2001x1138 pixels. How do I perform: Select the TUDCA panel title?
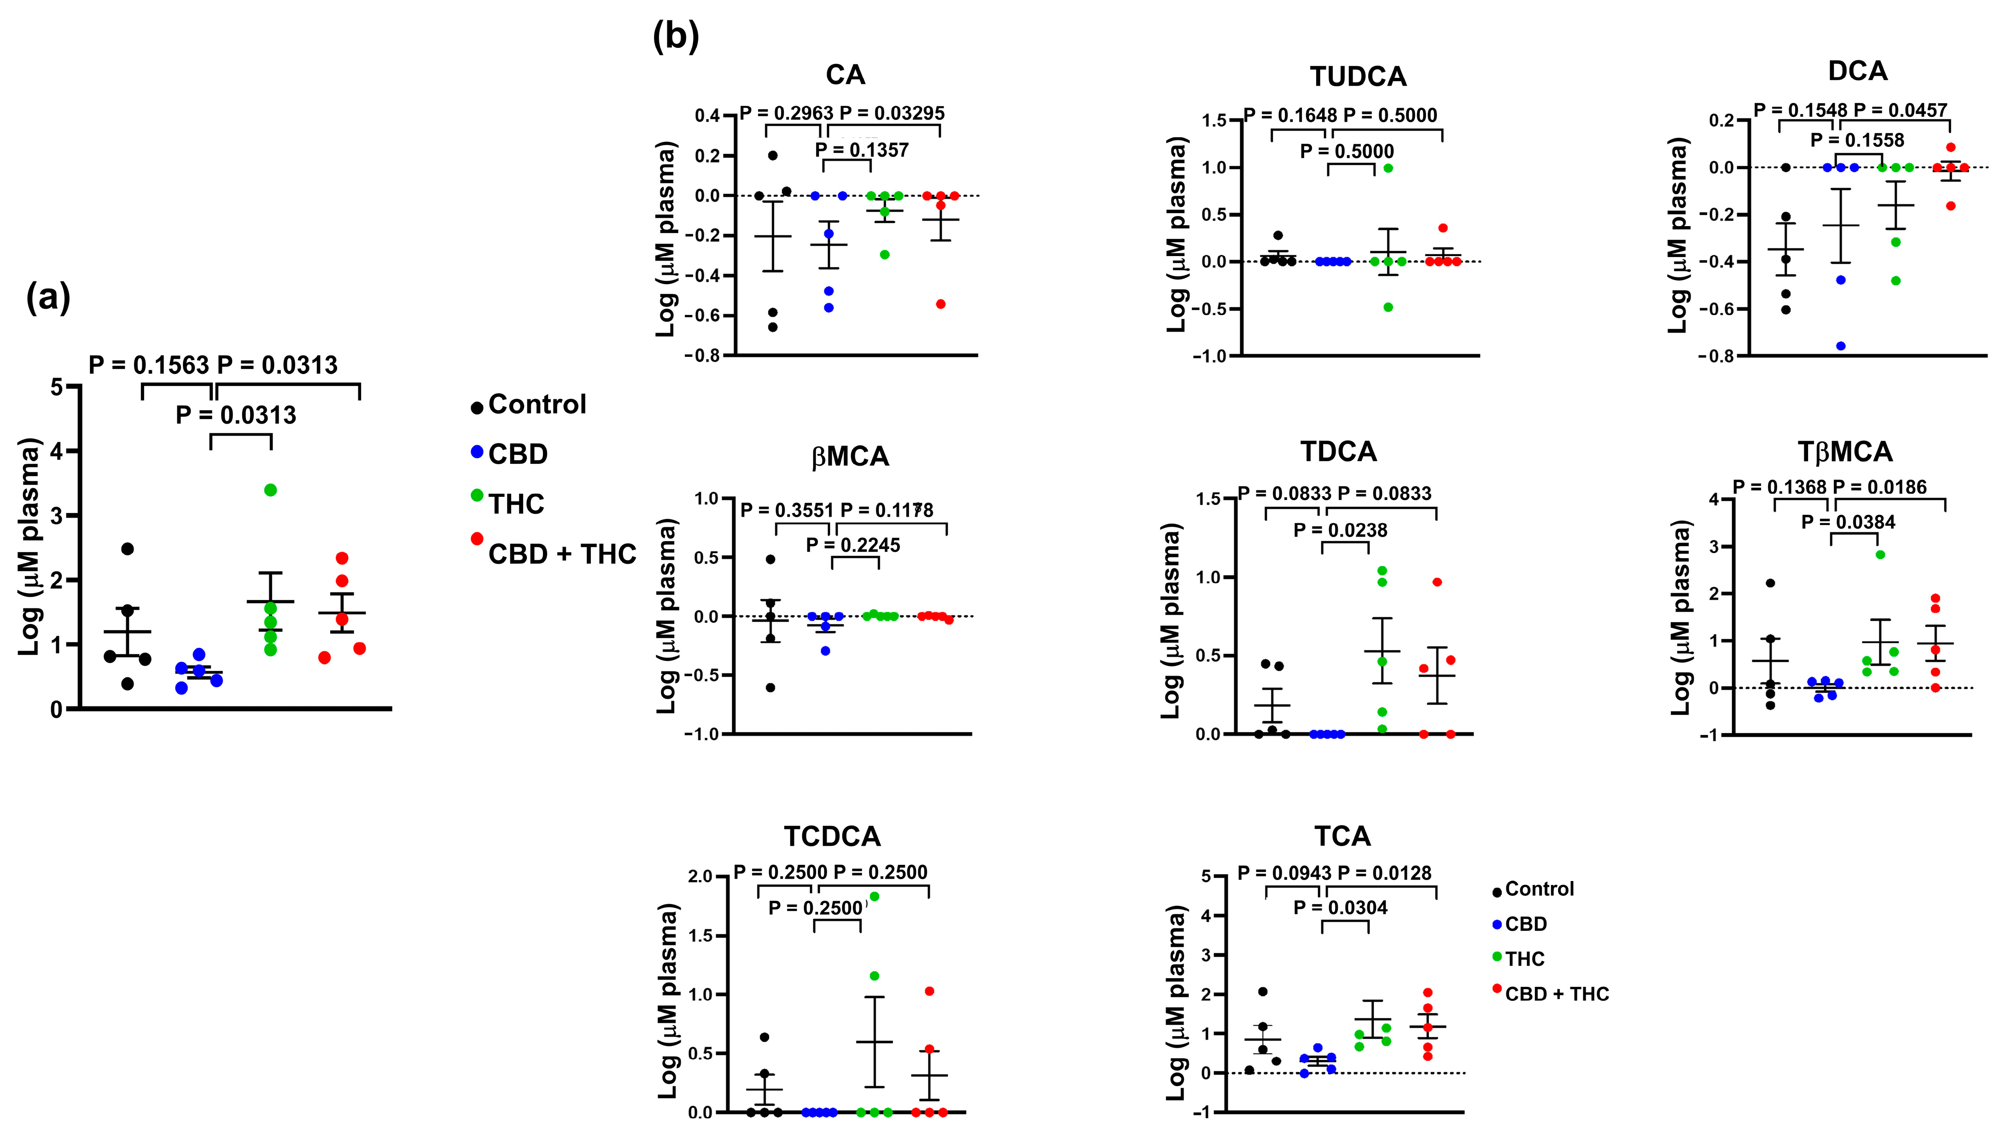click(1358, 76)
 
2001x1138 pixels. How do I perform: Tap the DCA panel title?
click(1857, 71)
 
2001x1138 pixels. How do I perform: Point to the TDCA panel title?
click(1338, 452)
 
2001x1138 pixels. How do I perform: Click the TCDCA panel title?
click(832, 836)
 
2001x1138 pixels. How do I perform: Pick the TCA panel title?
click(1342, 836)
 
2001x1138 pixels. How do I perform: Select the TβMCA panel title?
click(1845, 452)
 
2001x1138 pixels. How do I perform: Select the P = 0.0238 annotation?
click(1340, 531)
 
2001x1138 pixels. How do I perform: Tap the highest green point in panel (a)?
click(270, 490)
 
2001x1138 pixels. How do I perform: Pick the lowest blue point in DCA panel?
click(1840, 346)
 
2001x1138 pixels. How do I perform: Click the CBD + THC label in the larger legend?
click(562, 554)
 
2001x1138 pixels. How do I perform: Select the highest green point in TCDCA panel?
click(874, 897)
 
